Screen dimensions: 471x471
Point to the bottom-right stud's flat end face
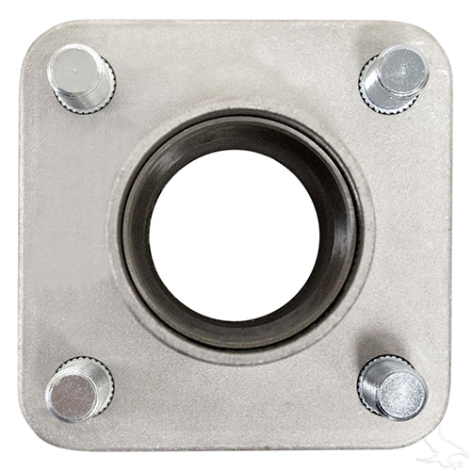pos(403,388)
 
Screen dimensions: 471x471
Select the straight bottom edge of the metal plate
pos(235,449)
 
